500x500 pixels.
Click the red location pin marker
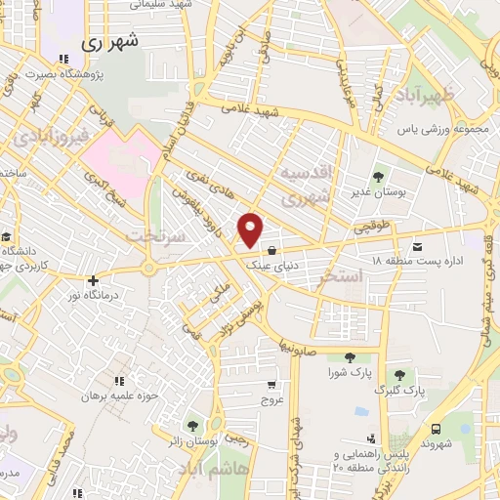251,229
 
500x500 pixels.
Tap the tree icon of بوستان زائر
192,426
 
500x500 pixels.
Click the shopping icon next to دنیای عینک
285,250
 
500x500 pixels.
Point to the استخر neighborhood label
341,277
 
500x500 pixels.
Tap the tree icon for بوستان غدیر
378,177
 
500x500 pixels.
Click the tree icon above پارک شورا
350,356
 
